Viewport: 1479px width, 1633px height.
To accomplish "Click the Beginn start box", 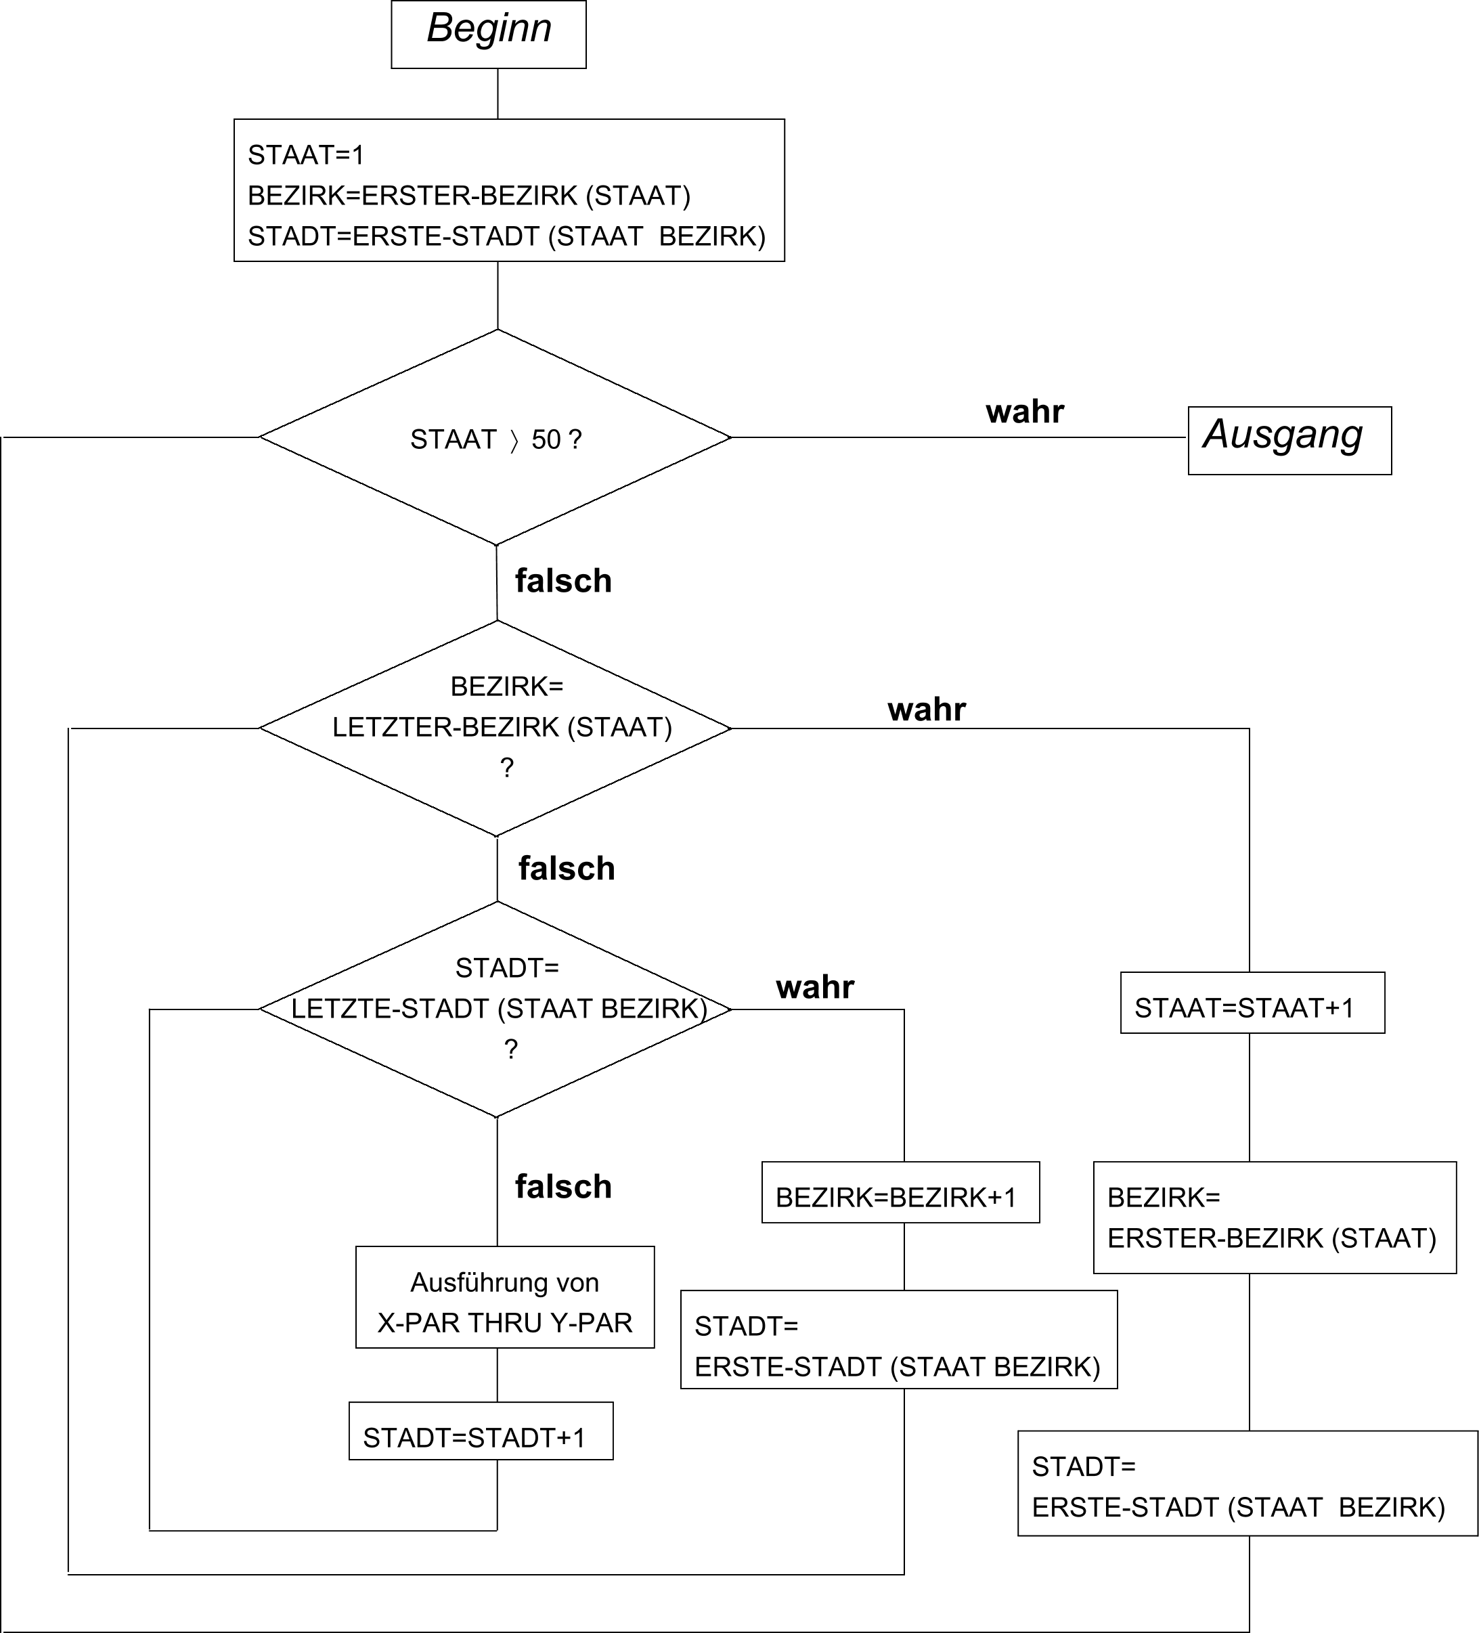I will [489, 34].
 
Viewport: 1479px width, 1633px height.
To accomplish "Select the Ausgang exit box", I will [1289, 440].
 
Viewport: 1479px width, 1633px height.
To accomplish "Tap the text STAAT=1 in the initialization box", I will [305, 155].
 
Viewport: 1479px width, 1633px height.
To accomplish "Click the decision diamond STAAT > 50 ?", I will [495, 438].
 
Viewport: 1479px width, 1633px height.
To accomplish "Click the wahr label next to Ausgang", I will [1025, 412].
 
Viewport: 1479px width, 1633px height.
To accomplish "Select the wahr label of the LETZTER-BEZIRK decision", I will [927, 710].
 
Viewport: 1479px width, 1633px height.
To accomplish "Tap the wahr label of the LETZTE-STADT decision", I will [815, 987].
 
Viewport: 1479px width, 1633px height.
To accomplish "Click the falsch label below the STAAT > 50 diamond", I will [563, 582].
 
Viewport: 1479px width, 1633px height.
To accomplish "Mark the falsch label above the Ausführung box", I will [563, 1188].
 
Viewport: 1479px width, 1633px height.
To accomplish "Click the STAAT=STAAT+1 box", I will [1252, 1003].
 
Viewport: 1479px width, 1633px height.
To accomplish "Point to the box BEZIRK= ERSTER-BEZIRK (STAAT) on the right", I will [1274, 1217].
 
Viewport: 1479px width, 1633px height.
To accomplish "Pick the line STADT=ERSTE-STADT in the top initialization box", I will [506, 236].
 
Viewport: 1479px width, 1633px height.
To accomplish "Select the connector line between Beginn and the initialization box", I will [498, 94].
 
